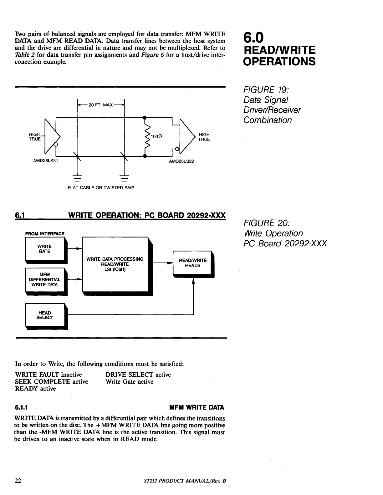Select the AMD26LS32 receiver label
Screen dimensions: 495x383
181,161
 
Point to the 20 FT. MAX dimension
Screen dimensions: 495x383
100,105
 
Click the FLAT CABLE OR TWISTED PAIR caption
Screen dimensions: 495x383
101,188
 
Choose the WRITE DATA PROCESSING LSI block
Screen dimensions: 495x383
115,265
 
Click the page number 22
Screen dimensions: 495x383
18,481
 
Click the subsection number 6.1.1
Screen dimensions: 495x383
22,407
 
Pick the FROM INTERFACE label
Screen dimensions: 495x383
45,233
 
